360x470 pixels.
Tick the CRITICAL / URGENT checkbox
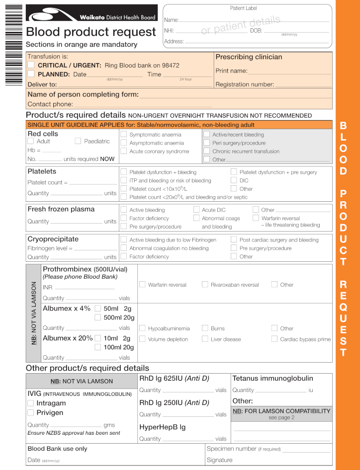(x=31, y=65)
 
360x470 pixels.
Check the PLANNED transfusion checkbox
(x=31, y=74)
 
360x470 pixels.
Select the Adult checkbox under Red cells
(x=32, y=141)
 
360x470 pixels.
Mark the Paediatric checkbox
(x=78, y=141)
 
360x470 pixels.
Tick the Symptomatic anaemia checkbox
(x=123, y=134)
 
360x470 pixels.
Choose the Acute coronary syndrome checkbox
(x=123, y=151)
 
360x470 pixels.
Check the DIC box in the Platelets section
(x=234, y=180)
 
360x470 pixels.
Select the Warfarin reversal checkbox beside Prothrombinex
(x=142, y=285)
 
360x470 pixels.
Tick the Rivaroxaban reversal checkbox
(x=205, y=285)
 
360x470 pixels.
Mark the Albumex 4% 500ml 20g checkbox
(x=97, y=317)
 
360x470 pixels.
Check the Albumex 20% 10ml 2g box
(x=97, y=338)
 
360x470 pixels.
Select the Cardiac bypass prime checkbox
(x=274, y=339)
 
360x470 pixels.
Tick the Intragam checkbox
(x=31, y=403)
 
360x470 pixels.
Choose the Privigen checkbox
(x=31, y=412)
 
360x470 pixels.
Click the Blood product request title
(x=90, y=32)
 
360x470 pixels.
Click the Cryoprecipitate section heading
(x=53, y=239)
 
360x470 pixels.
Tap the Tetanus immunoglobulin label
(x=272, y=379)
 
